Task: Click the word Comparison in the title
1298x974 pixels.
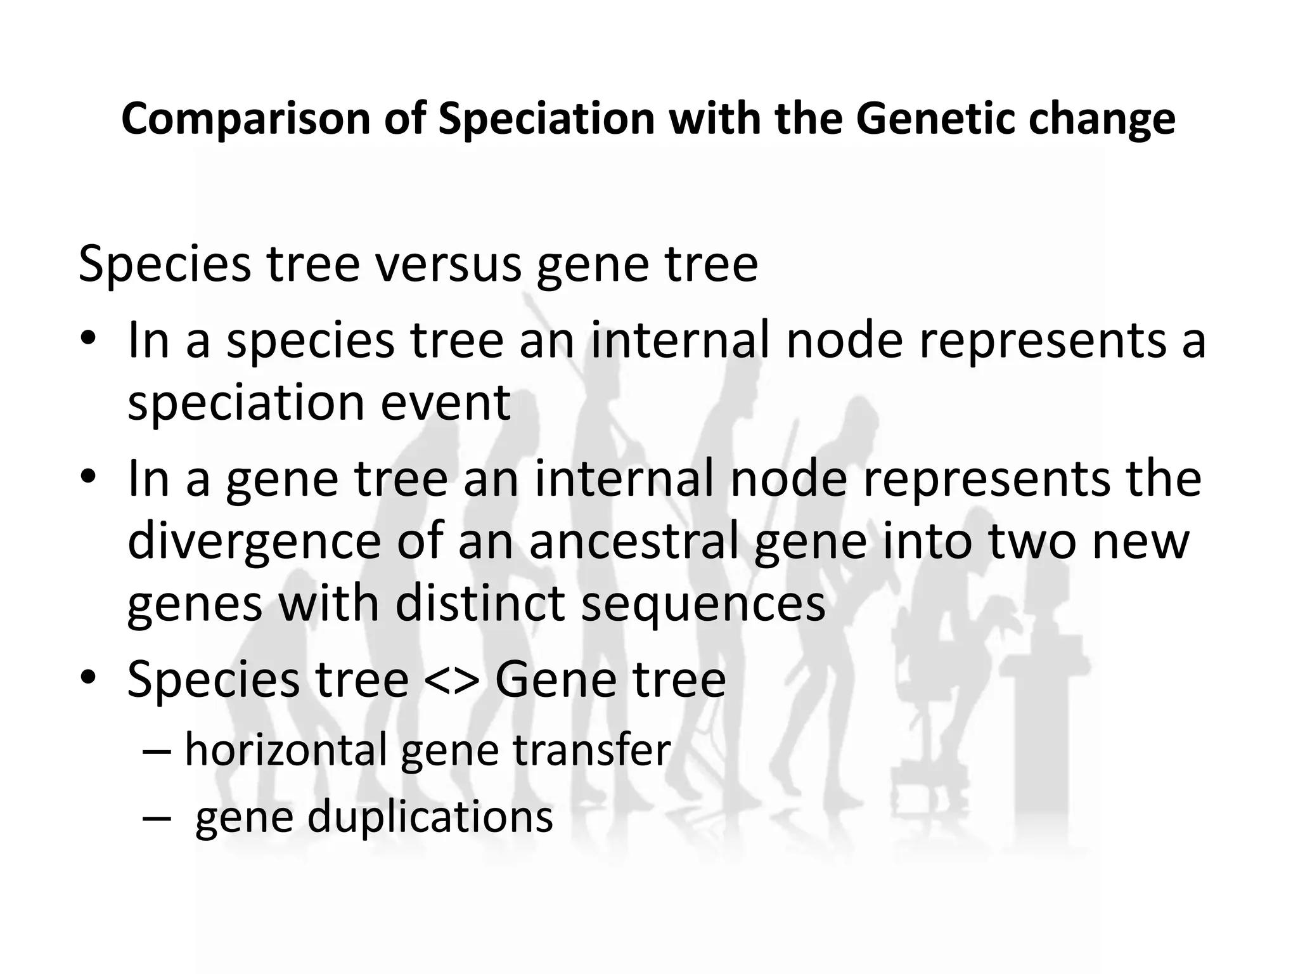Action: click(x=245, y=119)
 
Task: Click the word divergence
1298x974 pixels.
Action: click(x=254, y=542)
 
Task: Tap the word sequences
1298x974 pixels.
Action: click(x=703, y=604)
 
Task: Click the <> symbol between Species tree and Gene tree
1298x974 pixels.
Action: click(x=451, y=680)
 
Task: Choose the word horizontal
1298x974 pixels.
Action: click(x=285, y=750)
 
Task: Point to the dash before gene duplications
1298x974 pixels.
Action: click(x=156, y=818)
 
